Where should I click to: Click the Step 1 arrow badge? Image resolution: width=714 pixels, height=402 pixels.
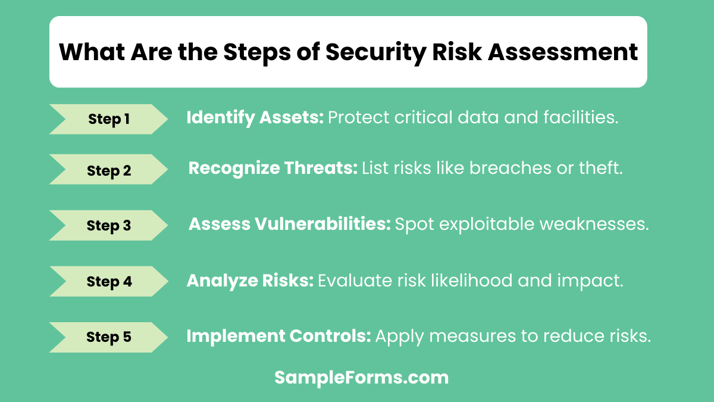[109, 119]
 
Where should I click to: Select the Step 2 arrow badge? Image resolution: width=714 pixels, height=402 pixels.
[109, 171]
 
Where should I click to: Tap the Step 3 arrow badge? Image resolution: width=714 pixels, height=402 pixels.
[109, 226]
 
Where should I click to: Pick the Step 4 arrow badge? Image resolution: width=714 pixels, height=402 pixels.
[109, 281]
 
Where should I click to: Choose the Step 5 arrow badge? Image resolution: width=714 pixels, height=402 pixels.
[109, 337]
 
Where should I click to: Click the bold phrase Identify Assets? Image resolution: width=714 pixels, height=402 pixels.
[255, 118]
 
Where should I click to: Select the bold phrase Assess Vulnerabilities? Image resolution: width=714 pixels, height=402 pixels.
[289, 224]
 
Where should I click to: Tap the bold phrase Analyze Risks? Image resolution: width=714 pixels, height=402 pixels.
[250, 281]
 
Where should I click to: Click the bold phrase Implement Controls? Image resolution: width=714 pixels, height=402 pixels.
[278, 336]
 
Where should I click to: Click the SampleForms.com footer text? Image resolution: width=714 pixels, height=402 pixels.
[361, 377]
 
